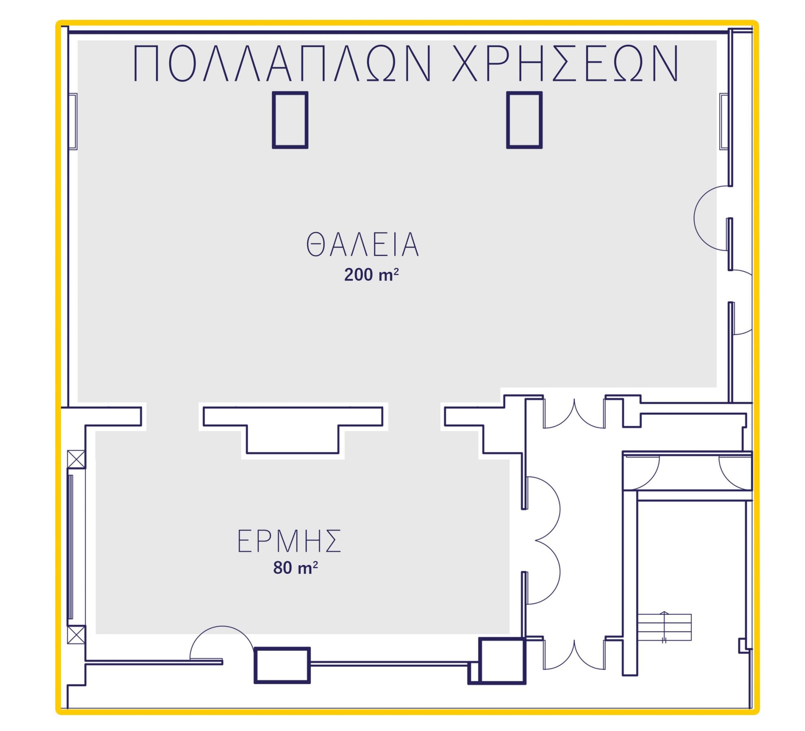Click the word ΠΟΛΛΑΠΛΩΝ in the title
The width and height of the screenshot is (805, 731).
click(282, 63)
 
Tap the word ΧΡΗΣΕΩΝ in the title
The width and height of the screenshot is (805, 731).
click(566, 63)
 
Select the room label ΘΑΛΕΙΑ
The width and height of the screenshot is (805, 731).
click(362, 244)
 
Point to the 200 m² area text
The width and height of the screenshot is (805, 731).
click(371, 275)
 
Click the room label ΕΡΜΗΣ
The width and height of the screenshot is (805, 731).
click(289, 541)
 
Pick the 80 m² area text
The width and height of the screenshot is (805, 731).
click(296, 568)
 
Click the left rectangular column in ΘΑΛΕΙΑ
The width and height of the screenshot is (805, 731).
click(290, 120)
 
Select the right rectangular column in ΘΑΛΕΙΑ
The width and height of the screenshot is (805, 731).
click(524, 120)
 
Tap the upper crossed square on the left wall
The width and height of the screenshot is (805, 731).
click(76, 459)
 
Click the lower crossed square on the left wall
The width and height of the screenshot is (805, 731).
click(76, 635)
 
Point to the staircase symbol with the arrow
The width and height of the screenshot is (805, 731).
click(664, 627)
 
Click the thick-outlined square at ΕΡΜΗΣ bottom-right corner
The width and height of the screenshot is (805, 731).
click(502, 661)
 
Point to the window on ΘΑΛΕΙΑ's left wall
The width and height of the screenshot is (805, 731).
click(73, 121)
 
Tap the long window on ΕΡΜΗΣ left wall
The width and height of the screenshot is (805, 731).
click(71, 547)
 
